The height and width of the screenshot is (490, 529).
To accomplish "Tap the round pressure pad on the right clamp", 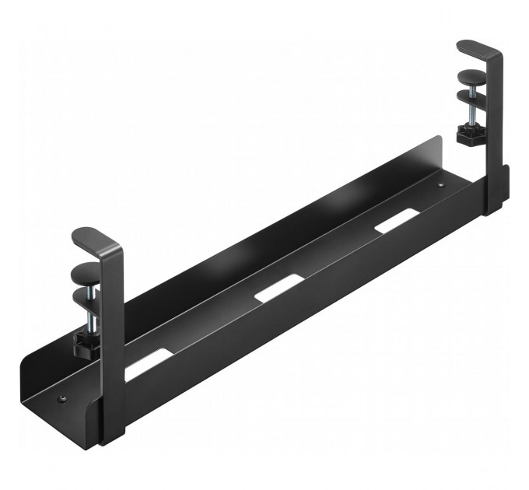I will [471, 77].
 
